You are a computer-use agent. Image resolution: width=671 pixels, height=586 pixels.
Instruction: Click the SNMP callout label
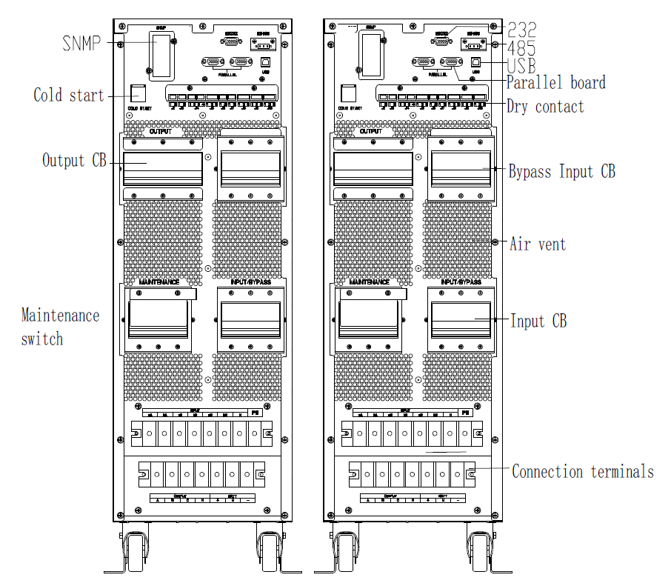(81, 42)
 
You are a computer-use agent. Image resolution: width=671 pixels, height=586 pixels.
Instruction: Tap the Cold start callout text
(69, 95)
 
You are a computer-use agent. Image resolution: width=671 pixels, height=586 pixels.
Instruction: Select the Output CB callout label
(74, 160)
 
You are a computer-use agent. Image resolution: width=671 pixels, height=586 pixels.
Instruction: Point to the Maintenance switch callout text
(59, 327)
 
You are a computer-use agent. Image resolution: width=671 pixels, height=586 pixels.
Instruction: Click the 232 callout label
(521, 29)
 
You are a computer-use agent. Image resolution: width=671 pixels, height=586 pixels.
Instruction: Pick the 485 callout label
(521, 47)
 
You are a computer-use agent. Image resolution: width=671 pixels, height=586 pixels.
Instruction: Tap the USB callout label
(521, 65)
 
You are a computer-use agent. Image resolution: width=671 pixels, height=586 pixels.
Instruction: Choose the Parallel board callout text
(555, 81)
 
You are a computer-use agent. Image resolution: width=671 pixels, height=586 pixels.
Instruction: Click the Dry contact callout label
(545, 106)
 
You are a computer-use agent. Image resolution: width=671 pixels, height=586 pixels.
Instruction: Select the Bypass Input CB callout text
(561, 172)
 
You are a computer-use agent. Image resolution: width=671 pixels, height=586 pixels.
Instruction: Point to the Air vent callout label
(538, 243)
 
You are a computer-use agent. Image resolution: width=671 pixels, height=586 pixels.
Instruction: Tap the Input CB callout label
(538, 321)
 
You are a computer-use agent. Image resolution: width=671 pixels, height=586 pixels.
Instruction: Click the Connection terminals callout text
(583, 471)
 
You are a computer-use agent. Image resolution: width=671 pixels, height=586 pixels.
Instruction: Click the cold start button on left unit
(137, 93)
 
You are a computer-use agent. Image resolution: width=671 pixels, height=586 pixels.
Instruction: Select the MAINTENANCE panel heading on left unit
(159, 282)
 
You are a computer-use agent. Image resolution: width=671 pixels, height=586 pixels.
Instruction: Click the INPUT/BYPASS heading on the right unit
(461, 282)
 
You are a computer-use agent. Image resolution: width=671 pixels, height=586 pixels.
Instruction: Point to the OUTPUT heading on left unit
(161, 132)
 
